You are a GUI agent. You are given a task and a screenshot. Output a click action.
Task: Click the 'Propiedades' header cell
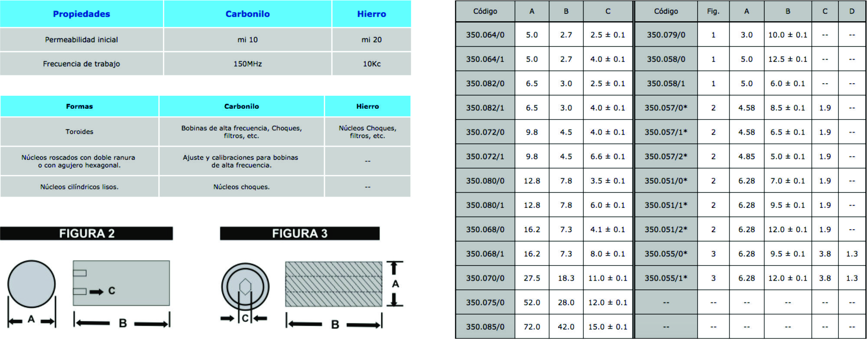click(81, 14)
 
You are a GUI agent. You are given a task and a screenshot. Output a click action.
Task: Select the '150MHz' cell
click(247, 64)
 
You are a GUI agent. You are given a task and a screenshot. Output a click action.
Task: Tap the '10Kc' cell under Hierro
click(371, 64)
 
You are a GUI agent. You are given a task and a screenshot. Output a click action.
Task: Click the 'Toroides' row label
click(79, 132)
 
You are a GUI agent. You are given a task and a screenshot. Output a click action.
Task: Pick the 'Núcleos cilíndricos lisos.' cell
click(79, 187)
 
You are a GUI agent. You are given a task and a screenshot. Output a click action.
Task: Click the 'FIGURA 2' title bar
click(87, 234)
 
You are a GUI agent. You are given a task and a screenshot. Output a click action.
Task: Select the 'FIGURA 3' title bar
click(300, 234)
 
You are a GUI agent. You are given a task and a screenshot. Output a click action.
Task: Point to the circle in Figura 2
click(32, 284)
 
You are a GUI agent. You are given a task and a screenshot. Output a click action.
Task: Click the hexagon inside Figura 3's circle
click(245, 287)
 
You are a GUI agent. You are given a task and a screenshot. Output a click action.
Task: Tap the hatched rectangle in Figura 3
click(334, 284)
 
